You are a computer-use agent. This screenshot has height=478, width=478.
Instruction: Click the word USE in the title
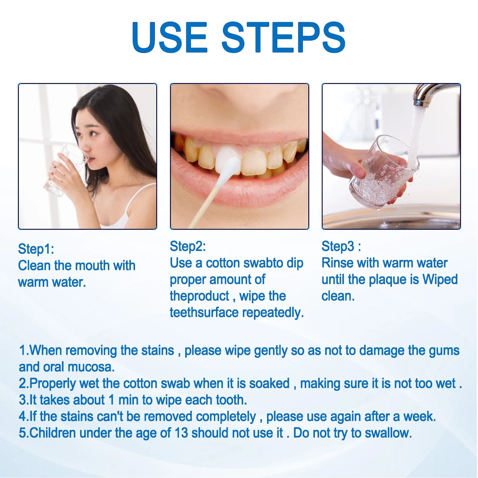click(169, 37)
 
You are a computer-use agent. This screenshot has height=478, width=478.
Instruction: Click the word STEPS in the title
click(283, 37)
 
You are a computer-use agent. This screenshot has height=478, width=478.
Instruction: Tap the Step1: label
click(36, 249)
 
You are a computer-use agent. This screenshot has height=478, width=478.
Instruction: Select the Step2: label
click(188, 246)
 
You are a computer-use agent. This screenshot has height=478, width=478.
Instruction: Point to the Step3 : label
click(341, 246)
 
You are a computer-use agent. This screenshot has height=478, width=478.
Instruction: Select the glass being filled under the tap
click(380, 175)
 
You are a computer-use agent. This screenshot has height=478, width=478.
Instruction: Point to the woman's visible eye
click(93, 133)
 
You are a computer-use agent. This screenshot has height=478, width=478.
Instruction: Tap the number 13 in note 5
click(181, 433)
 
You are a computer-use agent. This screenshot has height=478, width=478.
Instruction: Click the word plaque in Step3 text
click(389, 280)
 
